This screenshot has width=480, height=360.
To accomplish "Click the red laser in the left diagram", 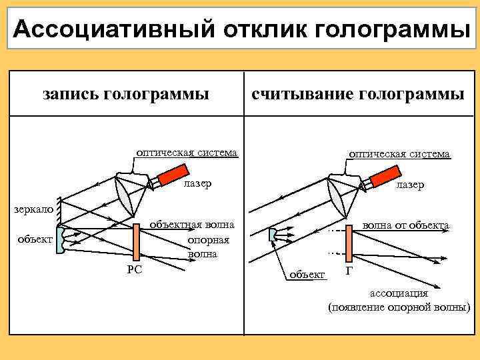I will (162, 177).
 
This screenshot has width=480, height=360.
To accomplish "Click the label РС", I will (133, 270).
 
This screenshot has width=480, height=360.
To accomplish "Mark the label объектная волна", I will (191, 225).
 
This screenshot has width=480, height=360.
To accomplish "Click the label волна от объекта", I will (405, 225).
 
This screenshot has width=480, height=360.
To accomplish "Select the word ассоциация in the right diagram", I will (399, 293).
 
